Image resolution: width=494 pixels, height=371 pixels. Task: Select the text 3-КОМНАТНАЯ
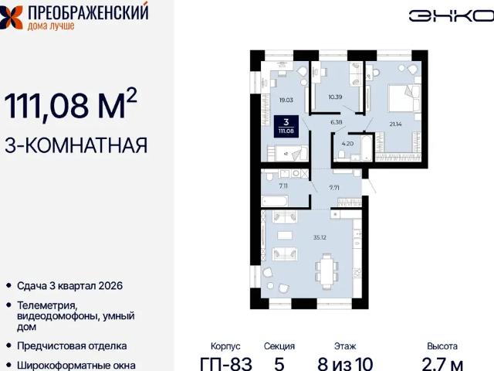coord(76,145)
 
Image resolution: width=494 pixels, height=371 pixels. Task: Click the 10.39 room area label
coord(336,97)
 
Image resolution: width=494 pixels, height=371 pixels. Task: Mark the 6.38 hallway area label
coord(337,122)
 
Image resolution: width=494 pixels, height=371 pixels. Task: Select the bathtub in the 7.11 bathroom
coord(276,201)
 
